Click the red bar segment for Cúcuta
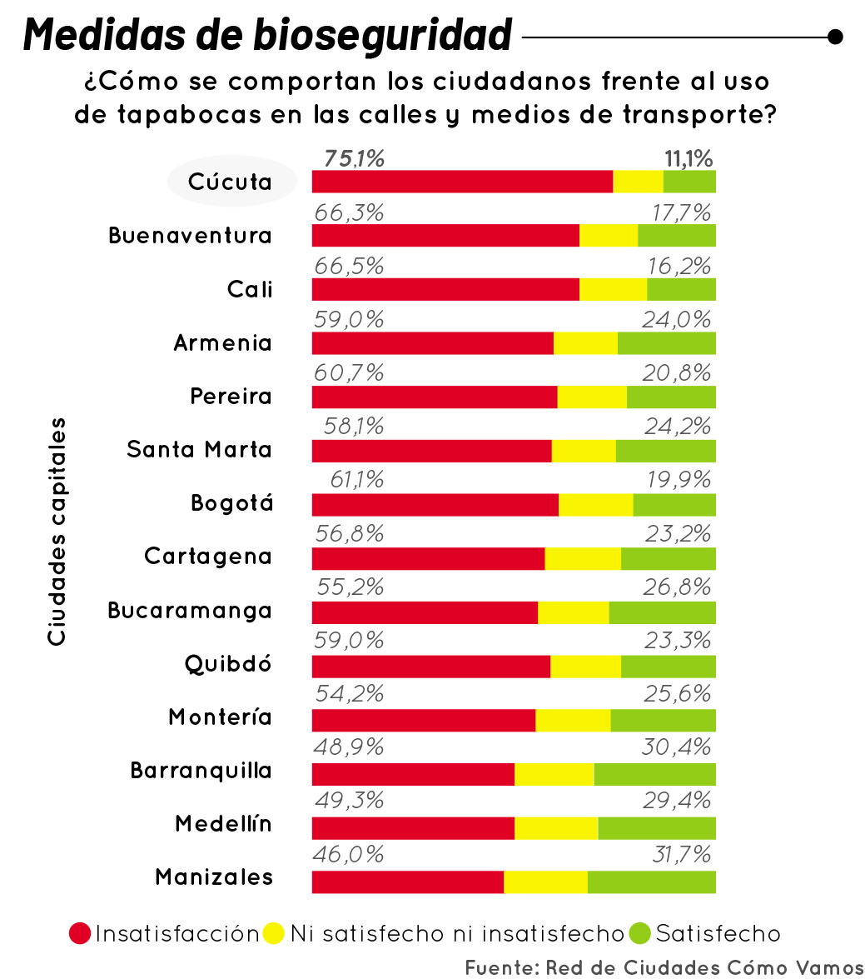(462, 182)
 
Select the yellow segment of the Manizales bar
(545, 882)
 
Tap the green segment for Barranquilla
(654, 774)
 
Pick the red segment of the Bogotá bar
(435, 505)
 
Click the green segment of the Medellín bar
(656, 828)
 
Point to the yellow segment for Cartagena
(583, 559)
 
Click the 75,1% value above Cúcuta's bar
(354, 158)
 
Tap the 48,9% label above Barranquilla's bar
(349, 747)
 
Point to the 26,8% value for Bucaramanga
(677, 587)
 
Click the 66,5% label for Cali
(349, 266)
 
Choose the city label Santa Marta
(199, 450)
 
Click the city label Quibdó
(228, 664)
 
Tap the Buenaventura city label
(190, 236)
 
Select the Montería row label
(220, 717)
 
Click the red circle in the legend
(80, 934)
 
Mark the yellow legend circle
(274, 934)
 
